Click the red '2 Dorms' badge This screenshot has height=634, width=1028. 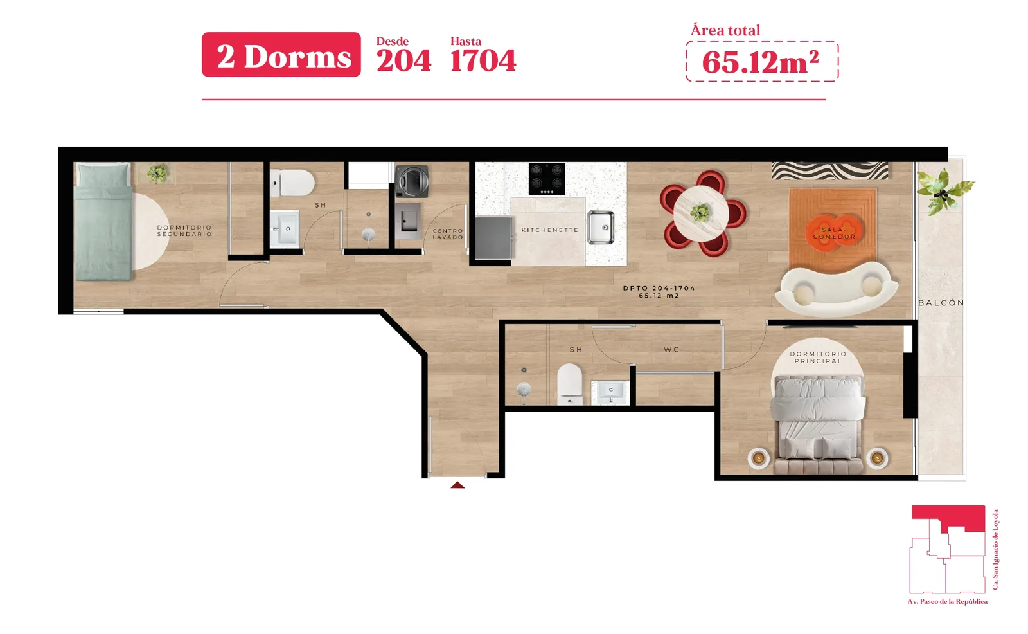tap(281, 55)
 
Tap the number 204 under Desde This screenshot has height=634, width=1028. tap(403, 60)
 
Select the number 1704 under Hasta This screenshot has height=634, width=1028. tap(483, 60)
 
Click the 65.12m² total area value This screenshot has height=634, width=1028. tap(761, 62)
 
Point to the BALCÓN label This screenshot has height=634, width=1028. tap(941, 303)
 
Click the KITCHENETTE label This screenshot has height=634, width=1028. tap(550, 230)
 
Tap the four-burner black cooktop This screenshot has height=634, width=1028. tap(547, 179)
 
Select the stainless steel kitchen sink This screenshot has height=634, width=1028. tap(600, 227)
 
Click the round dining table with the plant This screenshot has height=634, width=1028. tap(700, 213)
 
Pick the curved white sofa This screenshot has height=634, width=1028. tap(836, 289)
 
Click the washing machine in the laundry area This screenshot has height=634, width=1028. tap(412, 181)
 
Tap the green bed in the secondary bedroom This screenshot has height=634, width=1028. tap(103, 221)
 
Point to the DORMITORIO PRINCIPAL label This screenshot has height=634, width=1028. tap(818, 358)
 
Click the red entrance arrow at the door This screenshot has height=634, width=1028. tap(457, 485)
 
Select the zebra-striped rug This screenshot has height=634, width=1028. tap(829, 171)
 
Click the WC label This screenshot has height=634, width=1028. tap(671, 350)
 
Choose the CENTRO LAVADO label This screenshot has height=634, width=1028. tap(448, 234)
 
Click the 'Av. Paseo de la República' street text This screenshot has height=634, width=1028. tap(947, 601)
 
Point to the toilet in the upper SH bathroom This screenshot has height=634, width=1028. tap(294, 183)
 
